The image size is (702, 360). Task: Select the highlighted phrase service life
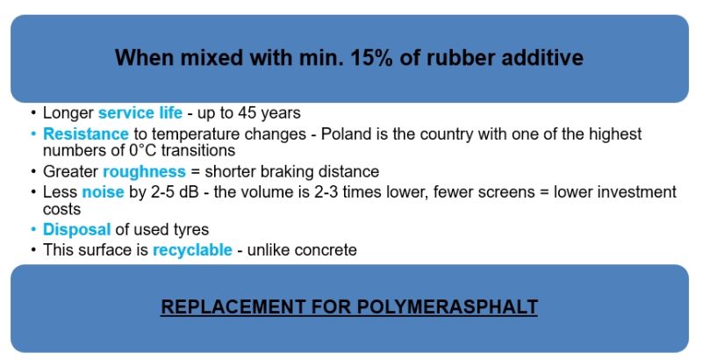140,113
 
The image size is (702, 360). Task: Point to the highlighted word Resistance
85,133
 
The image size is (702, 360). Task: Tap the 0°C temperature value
142,150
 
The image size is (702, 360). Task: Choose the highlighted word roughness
144,171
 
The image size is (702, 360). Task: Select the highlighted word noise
103,192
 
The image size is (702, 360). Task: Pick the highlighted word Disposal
76,230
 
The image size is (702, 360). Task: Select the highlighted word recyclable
192,250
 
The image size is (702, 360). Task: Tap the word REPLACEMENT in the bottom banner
233,307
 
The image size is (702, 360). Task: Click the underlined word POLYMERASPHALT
448,307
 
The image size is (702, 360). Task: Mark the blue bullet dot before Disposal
33,230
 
